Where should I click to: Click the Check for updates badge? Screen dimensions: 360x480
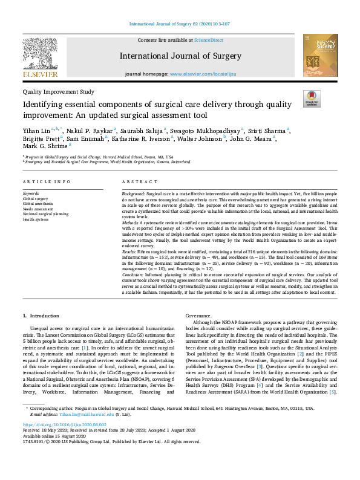(312, 99)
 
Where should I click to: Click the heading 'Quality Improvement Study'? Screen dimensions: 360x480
(58, 92)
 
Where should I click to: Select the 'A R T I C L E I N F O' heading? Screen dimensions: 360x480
(46, 181)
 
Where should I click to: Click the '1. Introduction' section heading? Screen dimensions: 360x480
(41, 316)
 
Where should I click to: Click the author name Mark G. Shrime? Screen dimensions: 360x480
(45, 146)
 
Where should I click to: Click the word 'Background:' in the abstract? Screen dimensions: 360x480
(134, 193)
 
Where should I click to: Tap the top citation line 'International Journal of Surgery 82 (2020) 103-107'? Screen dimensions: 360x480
(180, 25)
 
